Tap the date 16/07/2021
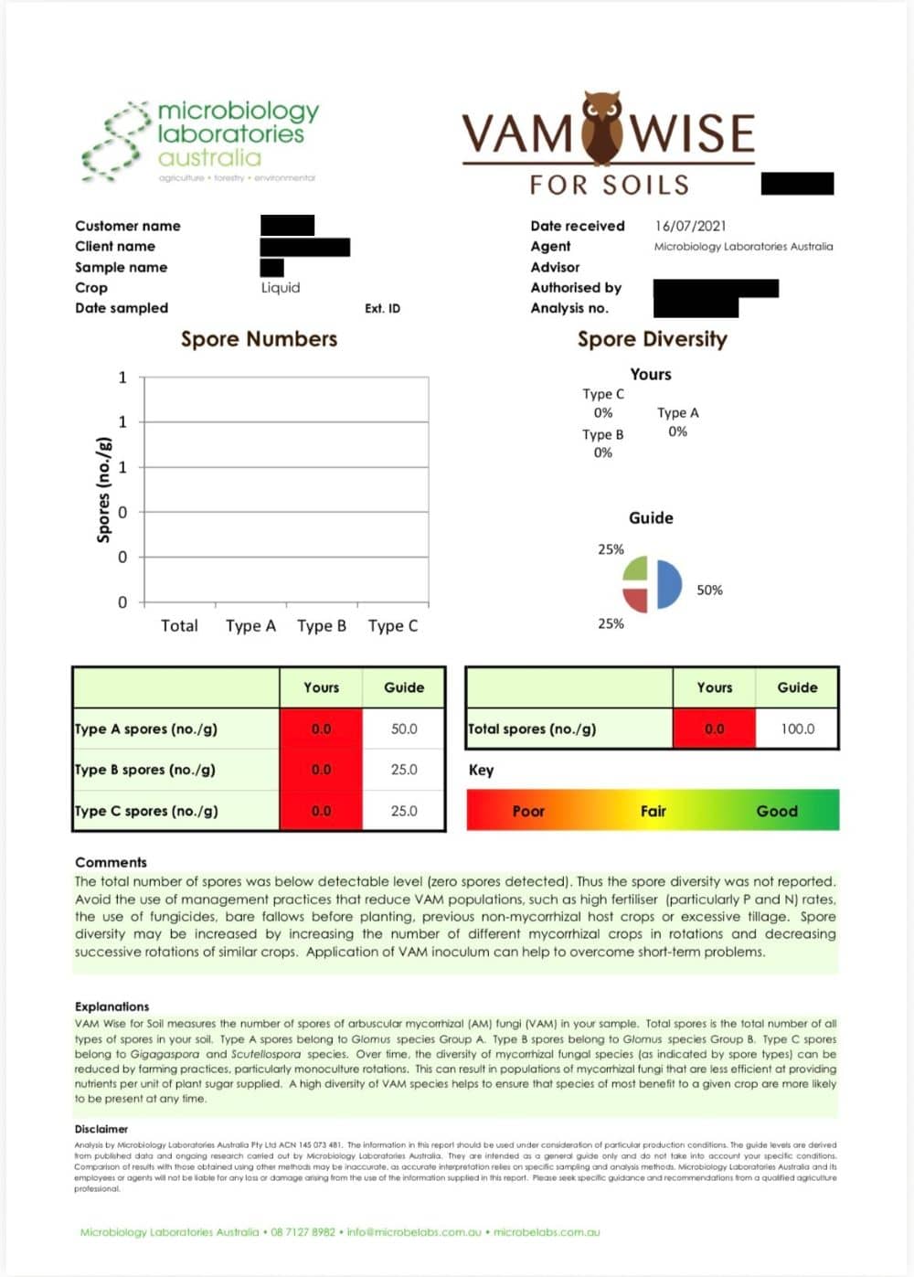(690, 226)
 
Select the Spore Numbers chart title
(259, 339)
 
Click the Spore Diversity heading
(652, 339)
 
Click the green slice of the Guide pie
(635, 569)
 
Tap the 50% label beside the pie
(709, 591)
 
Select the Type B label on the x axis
(322, 626)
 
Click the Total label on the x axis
(179, 626)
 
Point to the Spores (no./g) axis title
(103, 490)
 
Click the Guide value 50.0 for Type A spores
(404, 729)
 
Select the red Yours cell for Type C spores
(321, 811)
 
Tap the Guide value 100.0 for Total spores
(797, 729)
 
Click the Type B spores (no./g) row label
(145, 770)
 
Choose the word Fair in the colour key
(653, 811)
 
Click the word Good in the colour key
(777, 811)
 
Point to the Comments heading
(111, 862)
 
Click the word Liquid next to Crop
(281, 288)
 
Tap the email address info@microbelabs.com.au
(414, 1232)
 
